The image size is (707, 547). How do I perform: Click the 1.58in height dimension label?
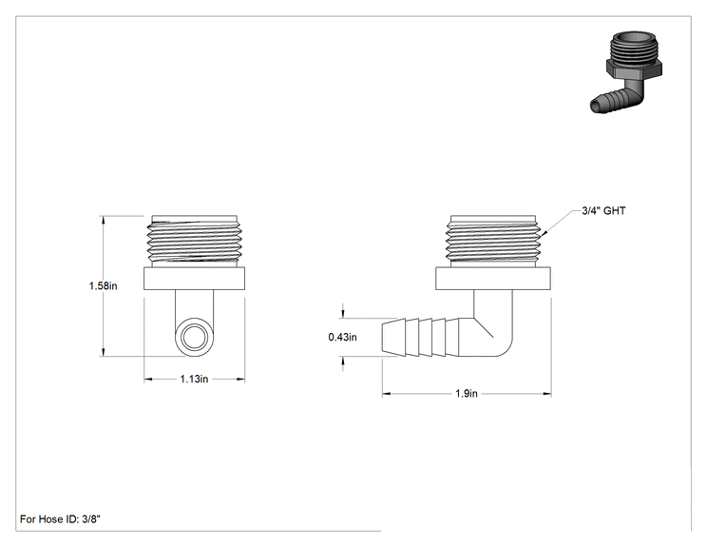[103, 285]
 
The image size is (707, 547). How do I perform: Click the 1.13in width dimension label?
[195, 380]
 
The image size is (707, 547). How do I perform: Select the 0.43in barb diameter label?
[343, 337]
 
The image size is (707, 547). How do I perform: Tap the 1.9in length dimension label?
[467, 394]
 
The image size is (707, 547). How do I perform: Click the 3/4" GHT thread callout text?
[603, 211]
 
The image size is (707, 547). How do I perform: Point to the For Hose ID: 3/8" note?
[61, 519]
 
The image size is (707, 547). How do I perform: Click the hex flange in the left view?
[195, 279]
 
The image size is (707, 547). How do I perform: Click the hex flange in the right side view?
[493, 279]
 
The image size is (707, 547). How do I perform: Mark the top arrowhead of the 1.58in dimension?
[104, 221]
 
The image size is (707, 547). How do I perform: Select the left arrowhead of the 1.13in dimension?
[149, 380]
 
